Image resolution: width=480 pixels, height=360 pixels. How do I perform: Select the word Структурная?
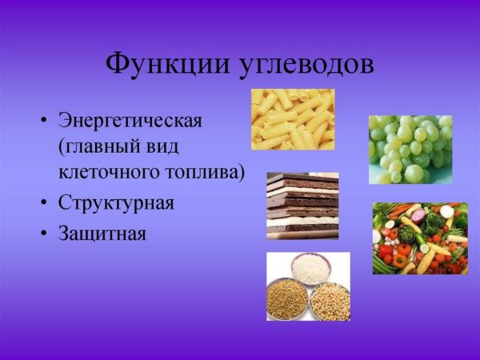pos(116,202)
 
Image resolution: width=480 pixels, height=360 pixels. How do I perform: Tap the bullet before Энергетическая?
pos(42,122)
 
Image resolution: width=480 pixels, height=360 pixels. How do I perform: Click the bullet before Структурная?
pos(42,203)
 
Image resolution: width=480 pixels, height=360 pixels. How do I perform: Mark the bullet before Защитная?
pos(42,234)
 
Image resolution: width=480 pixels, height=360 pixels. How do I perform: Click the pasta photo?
pos(293,119)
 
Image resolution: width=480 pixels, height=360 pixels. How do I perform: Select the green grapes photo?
pos(410,150)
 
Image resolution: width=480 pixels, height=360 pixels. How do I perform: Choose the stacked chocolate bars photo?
pos(302,206)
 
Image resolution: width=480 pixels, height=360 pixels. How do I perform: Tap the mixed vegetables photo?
pos(420,238)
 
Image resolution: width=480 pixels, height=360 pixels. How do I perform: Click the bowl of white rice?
pos(310,268)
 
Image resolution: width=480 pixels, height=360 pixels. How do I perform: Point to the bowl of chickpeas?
pos(330,302)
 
